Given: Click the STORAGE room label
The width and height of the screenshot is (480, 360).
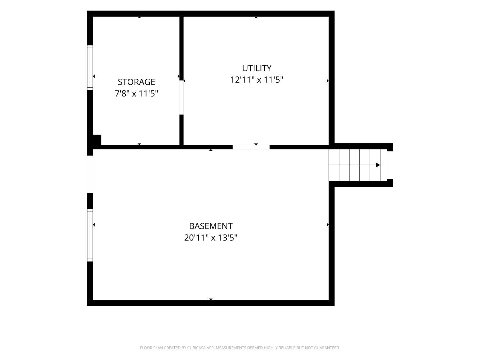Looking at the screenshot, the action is (136, 82).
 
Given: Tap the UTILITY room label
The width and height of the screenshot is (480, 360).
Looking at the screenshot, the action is (257, 68).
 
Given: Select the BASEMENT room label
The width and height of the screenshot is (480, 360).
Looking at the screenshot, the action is (211, 226).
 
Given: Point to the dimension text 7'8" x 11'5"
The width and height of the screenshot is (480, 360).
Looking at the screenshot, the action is (136, 93).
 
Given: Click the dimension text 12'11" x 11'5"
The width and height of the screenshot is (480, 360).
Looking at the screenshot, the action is (257, 80).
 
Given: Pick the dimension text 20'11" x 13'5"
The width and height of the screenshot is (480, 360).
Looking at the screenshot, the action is (211, 237).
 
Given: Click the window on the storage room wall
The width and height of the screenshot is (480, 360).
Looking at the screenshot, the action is (90, 68).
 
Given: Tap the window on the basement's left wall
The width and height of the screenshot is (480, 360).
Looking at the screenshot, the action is (90, 235).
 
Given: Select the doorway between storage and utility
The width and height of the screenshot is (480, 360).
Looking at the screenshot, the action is (181, 98).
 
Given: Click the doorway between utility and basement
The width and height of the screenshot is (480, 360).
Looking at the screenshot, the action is (251, 147).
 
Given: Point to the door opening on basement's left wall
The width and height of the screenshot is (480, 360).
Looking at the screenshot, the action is (90, 174).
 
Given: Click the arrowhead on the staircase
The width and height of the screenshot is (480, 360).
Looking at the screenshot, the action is (378, 165).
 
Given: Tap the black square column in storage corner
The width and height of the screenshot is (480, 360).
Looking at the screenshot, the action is (97, 140).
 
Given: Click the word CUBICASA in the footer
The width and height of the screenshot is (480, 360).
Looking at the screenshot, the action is (196, 348).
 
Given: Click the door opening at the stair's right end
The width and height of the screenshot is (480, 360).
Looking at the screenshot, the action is (390, 165).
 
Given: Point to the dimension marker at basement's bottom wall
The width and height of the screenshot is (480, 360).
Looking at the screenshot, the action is (211, 299).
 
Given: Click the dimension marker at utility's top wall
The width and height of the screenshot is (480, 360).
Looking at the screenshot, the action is (256, 17).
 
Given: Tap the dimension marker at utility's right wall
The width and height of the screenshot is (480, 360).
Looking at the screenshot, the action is (328, 81).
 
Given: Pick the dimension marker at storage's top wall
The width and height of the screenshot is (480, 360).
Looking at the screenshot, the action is (139, 17).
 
